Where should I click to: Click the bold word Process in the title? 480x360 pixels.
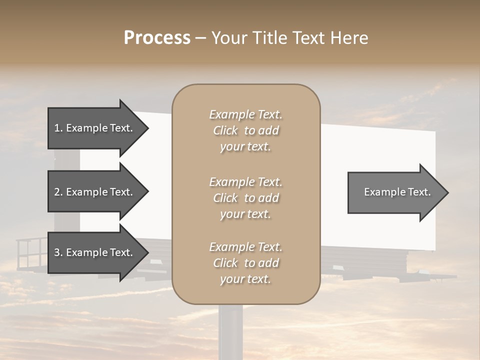coord(157,38)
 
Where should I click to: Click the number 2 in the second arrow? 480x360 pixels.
coord(57,192)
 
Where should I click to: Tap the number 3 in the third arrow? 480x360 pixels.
coord(57,252)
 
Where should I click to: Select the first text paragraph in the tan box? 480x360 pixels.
coord(246,130)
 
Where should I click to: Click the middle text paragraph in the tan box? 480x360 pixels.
coord(246,198)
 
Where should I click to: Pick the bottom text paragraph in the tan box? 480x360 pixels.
coord(246,263)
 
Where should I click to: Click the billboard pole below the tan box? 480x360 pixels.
coord(230,332)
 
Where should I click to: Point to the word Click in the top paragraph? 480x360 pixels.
coord(225,130)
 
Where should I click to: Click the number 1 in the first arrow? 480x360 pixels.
coord(57,128)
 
